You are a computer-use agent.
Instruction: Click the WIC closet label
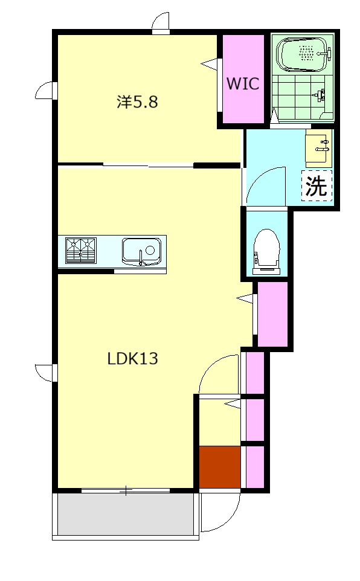(243, 83)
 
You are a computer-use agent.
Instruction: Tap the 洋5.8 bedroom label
(138, 101)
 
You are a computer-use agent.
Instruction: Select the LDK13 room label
(132, 358)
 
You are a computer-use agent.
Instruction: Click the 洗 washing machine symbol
(317, 185)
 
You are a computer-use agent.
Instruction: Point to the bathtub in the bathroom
(303, 54)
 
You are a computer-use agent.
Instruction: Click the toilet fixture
(265, 252)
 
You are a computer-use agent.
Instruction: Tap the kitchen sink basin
(141, 251)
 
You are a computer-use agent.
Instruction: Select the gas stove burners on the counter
(81, 251)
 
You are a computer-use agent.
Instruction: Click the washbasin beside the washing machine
(318, 148)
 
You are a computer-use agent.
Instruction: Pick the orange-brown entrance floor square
(220, 467)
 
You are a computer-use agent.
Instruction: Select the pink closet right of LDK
(272, 314)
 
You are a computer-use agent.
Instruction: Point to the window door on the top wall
(161, 23)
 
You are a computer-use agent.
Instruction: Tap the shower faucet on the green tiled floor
(319, 95)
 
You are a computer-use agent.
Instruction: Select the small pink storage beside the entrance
(255, 467)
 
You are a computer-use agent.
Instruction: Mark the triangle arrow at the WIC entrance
(209, 63)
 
